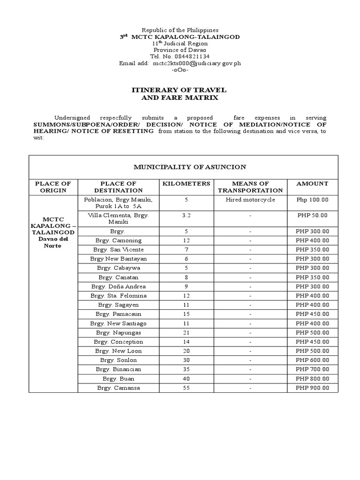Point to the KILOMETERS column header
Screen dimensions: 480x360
pos(186,184)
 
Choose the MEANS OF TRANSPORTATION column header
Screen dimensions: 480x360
pos(250,187)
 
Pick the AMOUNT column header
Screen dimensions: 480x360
pos(312,184)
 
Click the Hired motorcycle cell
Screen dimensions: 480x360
pos(250,200)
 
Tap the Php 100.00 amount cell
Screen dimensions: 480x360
pos(313,200)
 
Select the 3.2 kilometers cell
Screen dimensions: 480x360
pos(186,215)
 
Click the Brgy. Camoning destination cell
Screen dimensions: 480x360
pos(118,240)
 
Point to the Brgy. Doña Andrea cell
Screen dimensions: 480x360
pos(118,286)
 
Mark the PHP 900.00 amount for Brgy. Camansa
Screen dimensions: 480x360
pos(313,388)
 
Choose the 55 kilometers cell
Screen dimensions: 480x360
pos(186,388)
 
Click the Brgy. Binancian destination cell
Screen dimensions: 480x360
pos(118,369)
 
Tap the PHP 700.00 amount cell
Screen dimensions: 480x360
pos(313,369)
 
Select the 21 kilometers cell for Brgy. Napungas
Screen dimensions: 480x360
pos(186,332)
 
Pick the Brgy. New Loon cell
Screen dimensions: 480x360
pos(118,351)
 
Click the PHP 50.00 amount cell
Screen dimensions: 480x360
pos(313,215)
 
